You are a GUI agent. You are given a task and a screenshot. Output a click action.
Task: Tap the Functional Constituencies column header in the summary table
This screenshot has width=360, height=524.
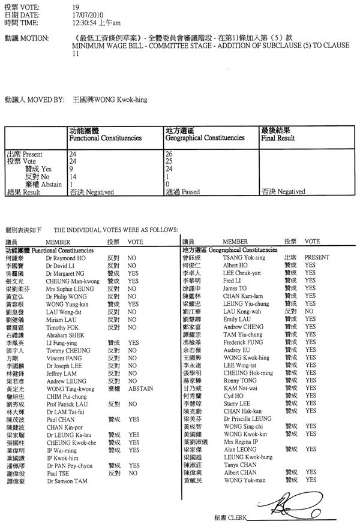[x=106, y=138]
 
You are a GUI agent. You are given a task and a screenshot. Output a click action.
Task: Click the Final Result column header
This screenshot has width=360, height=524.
[x=278, y=138]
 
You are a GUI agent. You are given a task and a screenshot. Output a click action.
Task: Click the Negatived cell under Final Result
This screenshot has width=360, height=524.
[x=283, y=192]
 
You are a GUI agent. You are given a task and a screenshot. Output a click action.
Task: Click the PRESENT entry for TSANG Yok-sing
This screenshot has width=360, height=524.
[x=317, y=257]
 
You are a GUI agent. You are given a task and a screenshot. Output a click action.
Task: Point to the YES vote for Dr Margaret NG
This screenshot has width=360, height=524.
[x=133, y=272]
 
